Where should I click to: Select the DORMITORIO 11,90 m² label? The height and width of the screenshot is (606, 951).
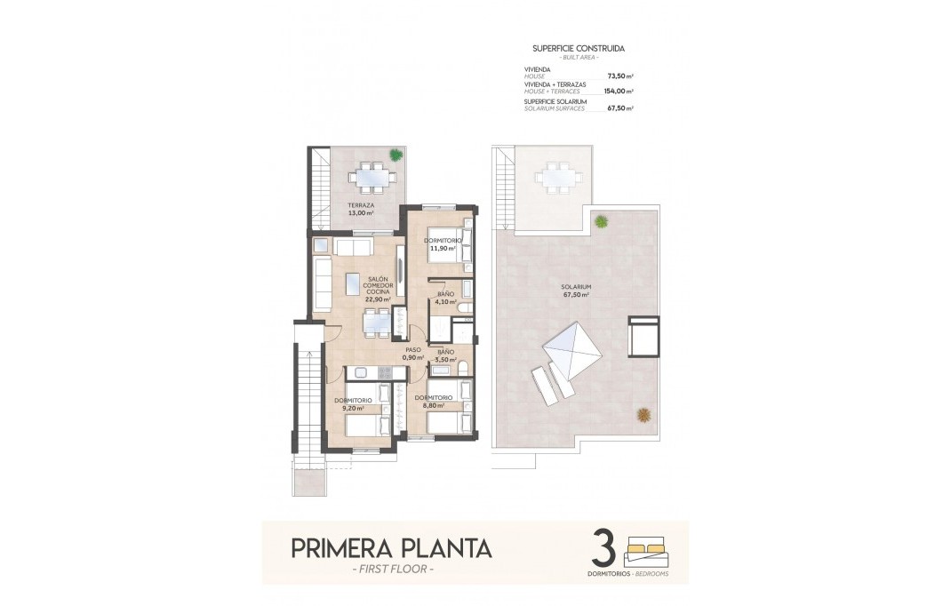click(442, 244)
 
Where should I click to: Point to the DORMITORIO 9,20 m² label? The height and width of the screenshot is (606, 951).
click(353, 403)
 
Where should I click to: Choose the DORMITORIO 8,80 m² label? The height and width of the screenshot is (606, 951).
click(434, 401)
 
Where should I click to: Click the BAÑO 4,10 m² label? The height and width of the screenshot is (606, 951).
click(444, 297)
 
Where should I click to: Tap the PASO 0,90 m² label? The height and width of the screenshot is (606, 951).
click(412, 353)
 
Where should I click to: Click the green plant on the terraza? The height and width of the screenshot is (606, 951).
click(396, 154)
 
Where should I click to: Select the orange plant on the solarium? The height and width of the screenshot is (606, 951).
click(643, 413)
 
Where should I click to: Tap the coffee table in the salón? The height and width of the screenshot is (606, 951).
click(353, 283)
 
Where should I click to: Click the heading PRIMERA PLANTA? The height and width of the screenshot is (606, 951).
click(391, 547)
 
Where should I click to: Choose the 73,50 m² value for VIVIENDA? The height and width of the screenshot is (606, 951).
click(619, 76)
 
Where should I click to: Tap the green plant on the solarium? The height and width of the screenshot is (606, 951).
click(602, 220)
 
